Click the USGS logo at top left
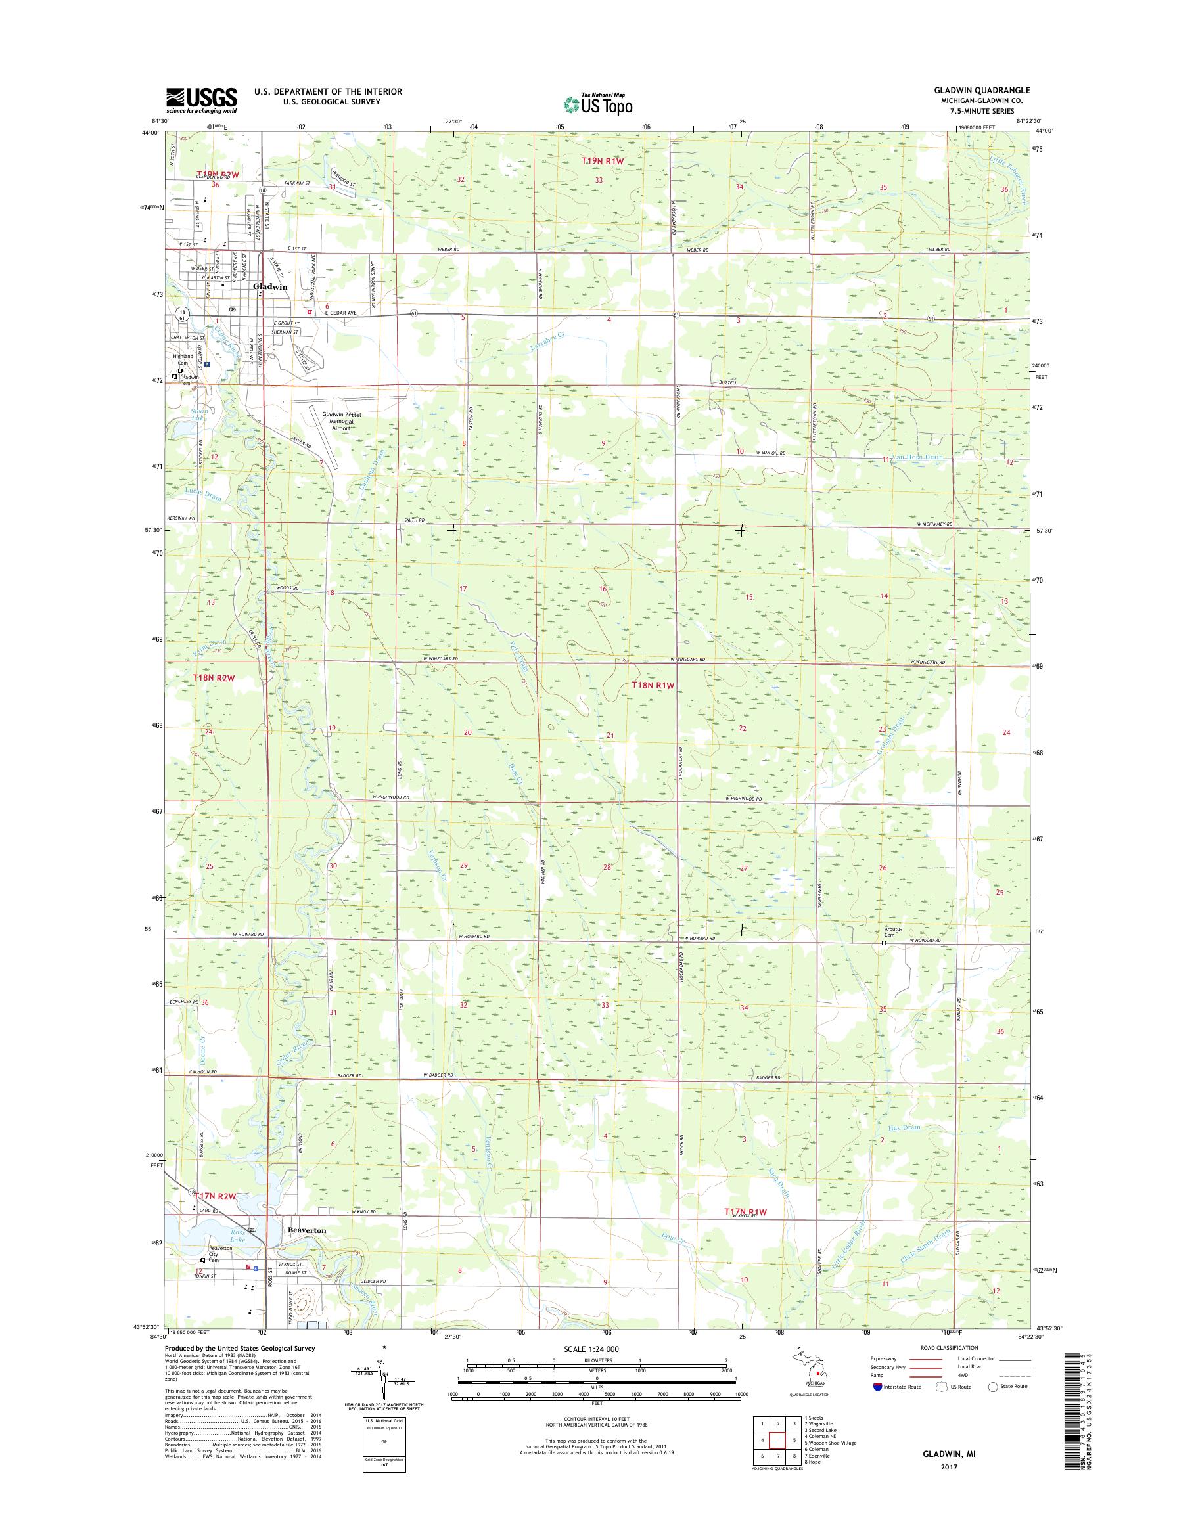201,100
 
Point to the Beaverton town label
306,1229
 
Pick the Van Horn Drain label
919,457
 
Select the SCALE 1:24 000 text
591,1349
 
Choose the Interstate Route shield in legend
878,1386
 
